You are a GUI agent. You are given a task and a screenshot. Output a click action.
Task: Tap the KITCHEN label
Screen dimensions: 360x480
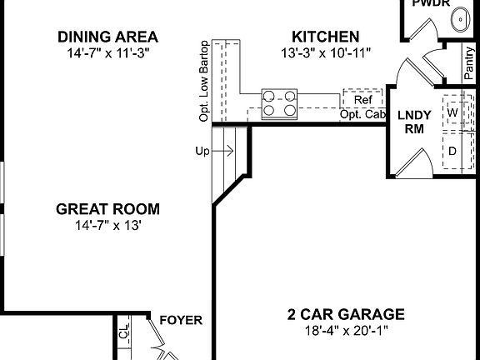326,37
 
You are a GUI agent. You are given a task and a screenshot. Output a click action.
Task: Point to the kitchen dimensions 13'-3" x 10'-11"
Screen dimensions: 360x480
326,52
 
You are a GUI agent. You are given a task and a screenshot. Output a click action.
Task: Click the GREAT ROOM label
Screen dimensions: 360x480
108,209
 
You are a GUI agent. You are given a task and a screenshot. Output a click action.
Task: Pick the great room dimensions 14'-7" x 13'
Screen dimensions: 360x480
108,225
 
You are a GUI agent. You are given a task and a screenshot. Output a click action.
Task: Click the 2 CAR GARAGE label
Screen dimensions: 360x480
346,314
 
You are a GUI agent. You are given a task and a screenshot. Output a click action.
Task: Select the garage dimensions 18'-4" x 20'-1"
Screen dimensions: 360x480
346,330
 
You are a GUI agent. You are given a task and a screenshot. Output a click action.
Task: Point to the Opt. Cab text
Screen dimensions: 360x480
362,114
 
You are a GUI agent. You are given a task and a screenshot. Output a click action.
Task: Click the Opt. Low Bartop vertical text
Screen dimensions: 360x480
203,81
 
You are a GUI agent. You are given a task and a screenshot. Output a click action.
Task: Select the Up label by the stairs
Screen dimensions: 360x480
202,151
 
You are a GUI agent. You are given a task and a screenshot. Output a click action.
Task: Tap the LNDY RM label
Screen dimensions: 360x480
414,122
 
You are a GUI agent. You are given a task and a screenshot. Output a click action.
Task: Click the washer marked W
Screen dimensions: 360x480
452,111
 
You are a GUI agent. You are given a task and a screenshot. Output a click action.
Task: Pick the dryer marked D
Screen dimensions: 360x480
452,151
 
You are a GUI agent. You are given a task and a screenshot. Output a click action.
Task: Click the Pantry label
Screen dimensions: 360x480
471,62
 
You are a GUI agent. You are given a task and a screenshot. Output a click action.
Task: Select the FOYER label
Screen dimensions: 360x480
181,320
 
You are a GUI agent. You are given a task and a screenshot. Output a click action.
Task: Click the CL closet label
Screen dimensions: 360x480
124,334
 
